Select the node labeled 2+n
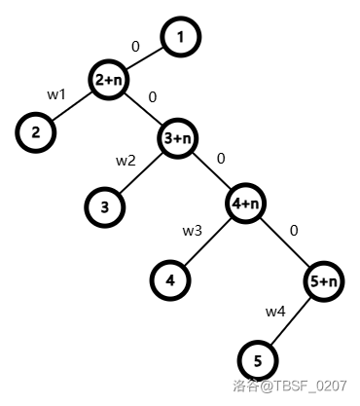coord(108,81)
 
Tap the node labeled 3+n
coord(177,139)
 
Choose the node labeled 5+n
coord(322,281)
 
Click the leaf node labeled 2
coord(35,133)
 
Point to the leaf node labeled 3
coord(104,206)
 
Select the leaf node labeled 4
coord(170,280)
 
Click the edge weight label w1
coord(56,94)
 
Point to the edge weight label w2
coord(126,161)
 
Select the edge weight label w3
coord(193,231)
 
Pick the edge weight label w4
coord(275,312)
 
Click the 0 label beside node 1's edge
coord(135,46)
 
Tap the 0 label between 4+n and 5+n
coord(293,231)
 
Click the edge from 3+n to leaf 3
coord(140,173)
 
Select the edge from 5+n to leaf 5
coord(290,321)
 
